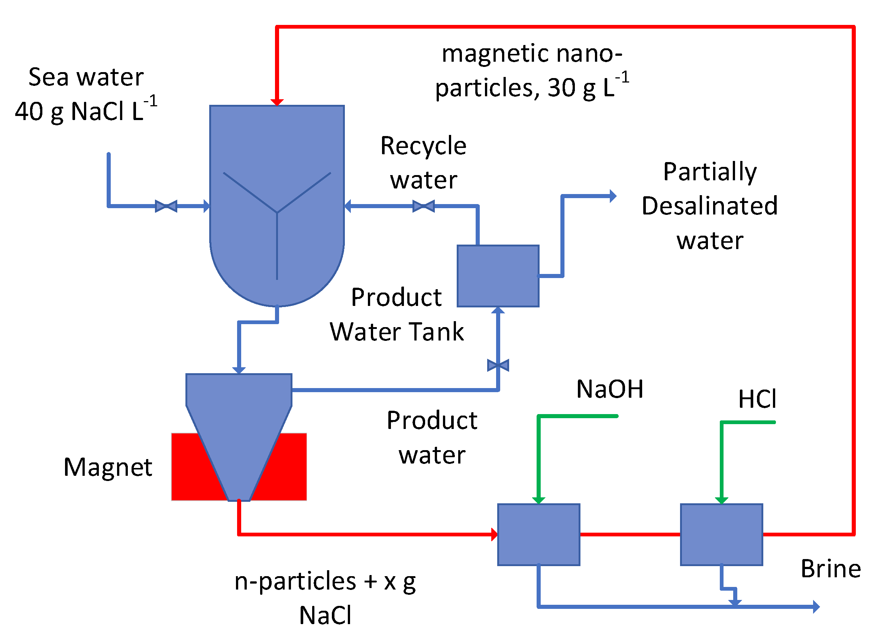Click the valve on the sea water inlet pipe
coord(166,206)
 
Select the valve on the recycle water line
coord(423,206)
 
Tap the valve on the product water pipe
coord(498,365)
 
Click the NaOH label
coord(610,389)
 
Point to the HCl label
coord(757,399)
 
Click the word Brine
coord(831,569)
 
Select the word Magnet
coord(108,467)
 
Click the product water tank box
coord(498,276)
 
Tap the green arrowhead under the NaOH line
coord(539,501)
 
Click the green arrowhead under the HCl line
coord(722,501)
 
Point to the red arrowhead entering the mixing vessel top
coord(277,102)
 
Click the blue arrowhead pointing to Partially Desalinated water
coord(613,196)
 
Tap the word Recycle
coord(423,146)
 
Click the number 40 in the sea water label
coord(29,112)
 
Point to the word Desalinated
coord(709,206)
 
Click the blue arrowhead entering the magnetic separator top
coord(239,371)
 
